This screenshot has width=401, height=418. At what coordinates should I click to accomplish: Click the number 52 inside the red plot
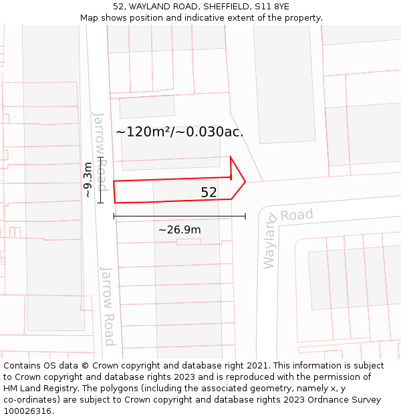[209, 193]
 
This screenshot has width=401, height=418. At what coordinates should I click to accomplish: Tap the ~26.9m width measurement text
[179, 230]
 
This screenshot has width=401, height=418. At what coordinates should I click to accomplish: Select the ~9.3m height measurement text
[88, 180]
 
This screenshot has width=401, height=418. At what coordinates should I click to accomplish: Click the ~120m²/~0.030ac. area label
[179, 132]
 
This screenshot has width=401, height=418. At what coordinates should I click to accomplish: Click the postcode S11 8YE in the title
[273, 6]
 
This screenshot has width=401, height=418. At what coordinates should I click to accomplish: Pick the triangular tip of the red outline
[245, 181]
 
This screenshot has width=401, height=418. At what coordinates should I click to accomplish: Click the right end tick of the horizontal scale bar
[245, 216]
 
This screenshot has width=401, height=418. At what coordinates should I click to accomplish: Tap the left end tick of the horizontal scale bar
[114, 216]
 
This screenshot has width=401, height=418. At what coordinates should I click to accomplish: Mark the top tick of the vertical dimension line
[100, 158]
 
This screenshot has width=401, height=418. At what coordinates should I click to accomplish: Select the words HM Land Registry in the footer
[38, 389]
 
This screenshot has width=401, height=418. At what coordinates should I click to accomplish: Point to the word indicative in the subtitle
[219, 18]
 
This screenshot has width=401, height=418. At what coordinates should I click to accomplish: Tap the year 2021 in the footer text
[257, 366]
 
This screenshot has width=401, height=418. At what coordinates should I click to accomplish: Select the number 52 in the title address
[119, 6]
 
